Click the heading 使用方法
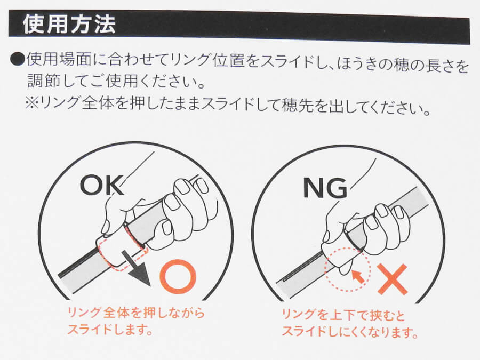pos(69,24)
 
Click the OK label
pos(102,185)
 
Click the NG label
pos(325,188)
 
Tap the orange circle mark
pos(178,276)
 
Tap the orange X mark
pos(393,279)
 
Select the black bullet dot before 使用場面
pos(18,59)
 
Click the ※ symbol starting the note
pos(32,102)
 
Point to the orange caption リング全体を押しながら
pos(136,313)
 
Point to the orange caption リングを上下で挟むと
pos(343,315)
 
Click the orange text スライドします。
pos(110,330)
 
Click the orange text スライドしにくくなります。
pos(350,332)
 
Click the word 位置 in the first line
pos(228,60)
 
